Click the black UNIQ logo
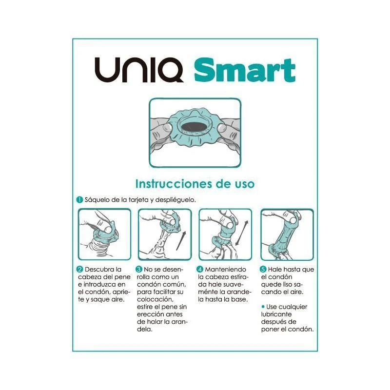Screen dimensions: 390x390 [x=139, y=70]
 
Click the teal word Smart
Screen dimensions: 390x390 [x=245, y=70]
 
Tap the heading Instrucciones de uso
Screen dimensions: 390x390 [x=195, y=184]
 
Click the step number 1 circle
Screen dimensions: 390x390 [x=79, y=200]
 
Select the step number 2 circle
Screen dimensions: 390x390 [x=80, y=270]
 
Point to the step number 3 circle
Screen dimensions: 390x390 [x=139, y=270]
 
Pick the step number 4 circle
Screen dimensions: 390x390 [x=200, y=270]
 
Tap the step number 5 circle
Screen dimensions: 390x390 [x=263, y=270]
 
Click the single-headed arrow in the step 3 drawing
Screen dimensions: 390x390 [x=181, y=240]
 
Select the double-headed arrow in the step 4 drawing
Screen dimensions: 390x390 [x=241, y=233]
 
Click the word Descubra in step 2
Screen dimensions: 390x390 [x=103, y=270]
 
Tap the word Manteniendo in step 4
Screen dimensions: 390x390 [x=225, y=270]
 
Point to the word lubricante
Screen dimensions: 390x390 [x=276, y=314]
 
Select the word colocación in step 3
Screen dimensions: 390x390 [x=155, y=299]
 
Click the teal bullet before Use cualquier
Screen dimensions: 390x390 [x=263, y=307]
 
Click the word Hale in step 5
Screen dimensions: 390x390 [x=275, y=270]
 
